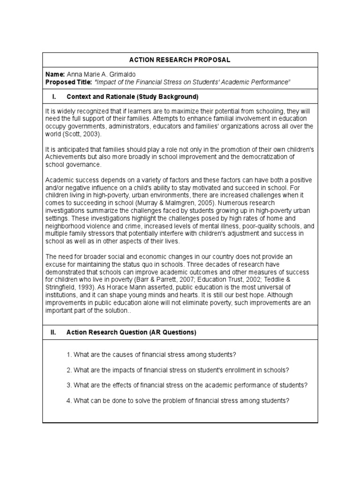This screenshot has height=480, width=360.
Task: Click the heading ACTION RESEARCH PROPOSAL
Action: (180, 60)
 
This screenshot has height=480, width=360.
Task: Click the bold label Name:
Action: (55, 75)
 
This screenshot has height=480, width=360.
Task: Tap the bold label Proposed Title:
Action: (69, 82)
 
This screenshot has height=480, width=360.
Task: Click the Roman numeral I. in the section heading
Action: (54, 97)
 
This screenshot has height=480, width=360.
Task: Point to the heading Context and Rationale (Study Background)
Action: (133, 97)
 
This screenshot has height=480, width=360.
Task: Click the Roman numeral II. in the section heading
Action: (53, 332)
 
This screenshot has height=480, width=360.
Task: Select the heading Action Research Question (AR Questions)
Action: (131, 332)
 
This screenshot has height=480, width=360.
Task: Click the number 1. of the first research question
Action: (68, 354)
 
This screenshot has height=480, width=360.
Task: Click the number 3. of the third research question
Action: (68, 385)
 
